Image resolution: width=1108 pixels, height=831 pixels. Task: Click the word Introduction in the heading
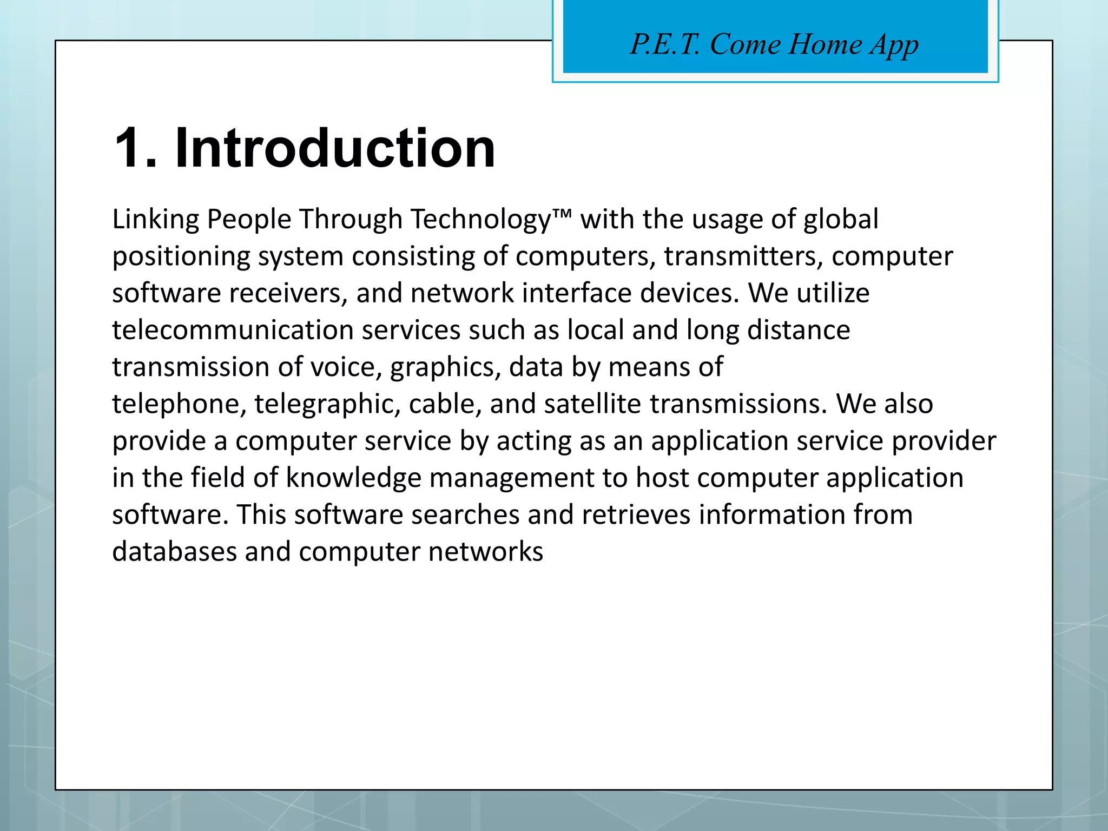(x=335, y=148)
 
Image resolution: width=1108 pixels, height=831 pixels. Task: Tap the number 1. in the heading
(x=136, y=148)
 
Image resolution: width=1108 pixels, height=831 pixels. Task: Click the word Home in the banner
(x=825, y=44)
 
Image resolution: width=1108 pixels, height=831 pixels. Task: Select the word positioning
(x=181, y=256)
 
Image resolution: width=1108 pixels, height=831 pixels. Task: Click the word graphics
(x=446, y=367)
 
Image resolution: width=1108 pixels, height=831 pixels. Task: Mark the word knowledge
(x=353, y=478)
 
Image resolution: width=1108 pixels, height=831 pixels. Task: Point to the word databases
(x=174, y=552)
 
